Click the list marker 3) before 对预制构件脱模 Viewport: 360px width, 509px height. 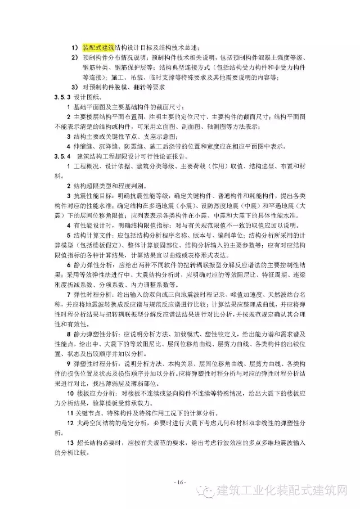click(74, 87)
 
